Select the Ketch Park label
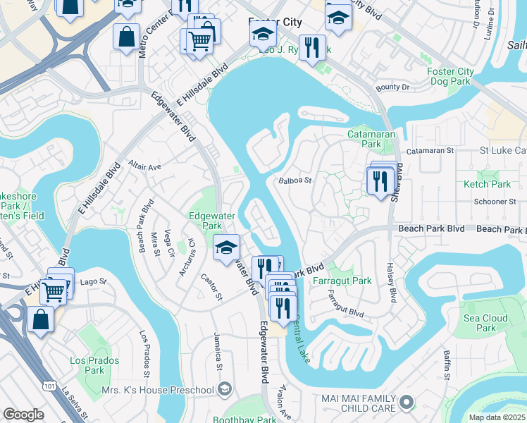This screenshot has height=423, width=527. click(x=487, y=184)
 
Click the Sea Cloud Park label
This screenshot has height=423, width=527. click(x=485, y=323)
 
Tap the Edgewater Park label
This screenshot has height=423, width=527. click(x=205, y=221)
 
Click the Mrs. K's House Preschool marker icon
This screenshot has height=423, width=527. click(x=224, y=389)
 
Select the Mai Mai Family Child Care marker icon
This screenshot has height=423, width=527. click(x=407, y=403)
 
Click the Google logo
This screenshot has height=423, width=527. click(x=23, y=415)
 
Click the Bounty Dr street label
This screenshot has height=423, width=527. click(x=392, y=87)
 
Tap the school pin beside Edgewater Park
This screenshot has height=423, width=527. click(x=226, y=247)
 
